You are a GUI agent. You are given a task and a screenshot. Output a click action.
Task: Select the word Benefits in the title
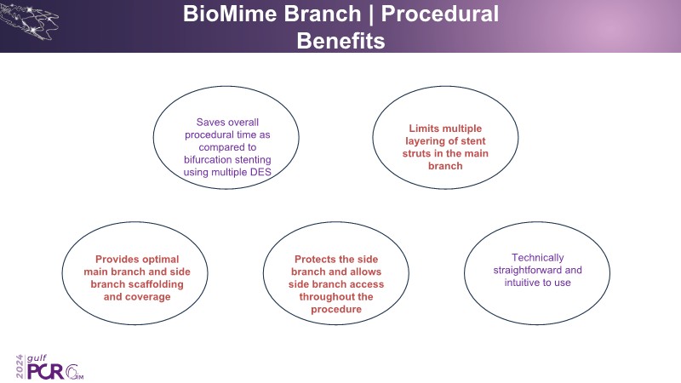coord(340,41)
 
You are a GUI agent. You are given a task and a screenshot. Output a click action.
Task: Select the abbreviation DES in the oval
coord(271,172)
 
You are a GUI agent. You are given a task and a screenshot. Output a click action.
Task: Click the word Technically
coord(538,257)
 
